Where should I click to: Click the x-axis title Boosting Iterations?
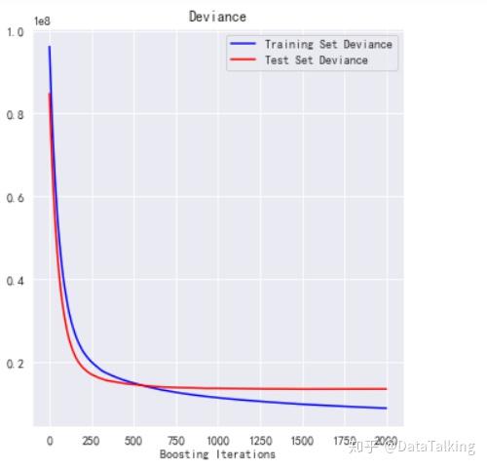217,454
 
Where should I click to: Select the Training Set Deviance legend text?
328,44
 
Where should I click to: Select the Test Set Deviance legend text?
316,60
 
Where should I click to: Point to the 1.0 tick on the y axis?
17,32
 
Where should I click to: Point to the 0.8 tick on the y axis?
17,115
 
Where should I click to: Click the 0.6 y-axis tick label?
17,198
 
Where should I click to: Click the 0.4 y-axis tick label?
17,281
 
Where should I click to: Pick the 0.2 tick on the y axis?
17,364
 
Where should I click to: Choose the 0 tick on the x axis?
50,441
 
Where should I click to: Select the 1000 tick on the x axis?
218,441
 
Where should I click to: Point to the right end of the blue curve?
386,409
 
